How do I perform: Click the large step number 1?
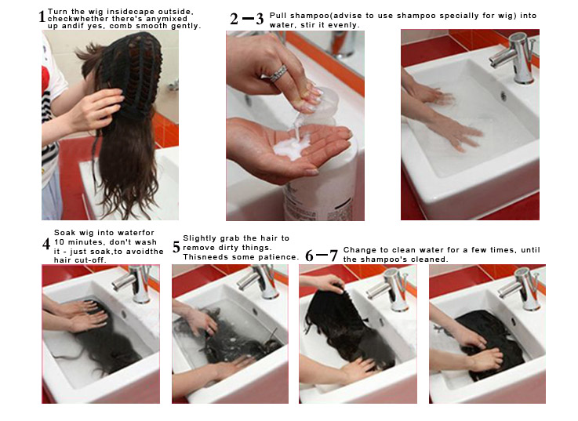coord(42,16)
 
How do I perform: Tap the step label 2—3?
coord(246,20)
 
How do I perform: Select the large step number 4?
coord(46,244)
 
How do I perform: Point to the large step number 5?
coord(176,248)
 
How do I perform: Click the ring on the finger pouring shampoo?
coord(279,73)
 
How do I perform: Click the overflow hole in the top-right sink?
coord(503,96)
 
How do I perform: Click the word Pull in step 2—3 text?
coord(278,16)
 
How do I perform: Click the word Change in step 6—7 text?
coord(360,250)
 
